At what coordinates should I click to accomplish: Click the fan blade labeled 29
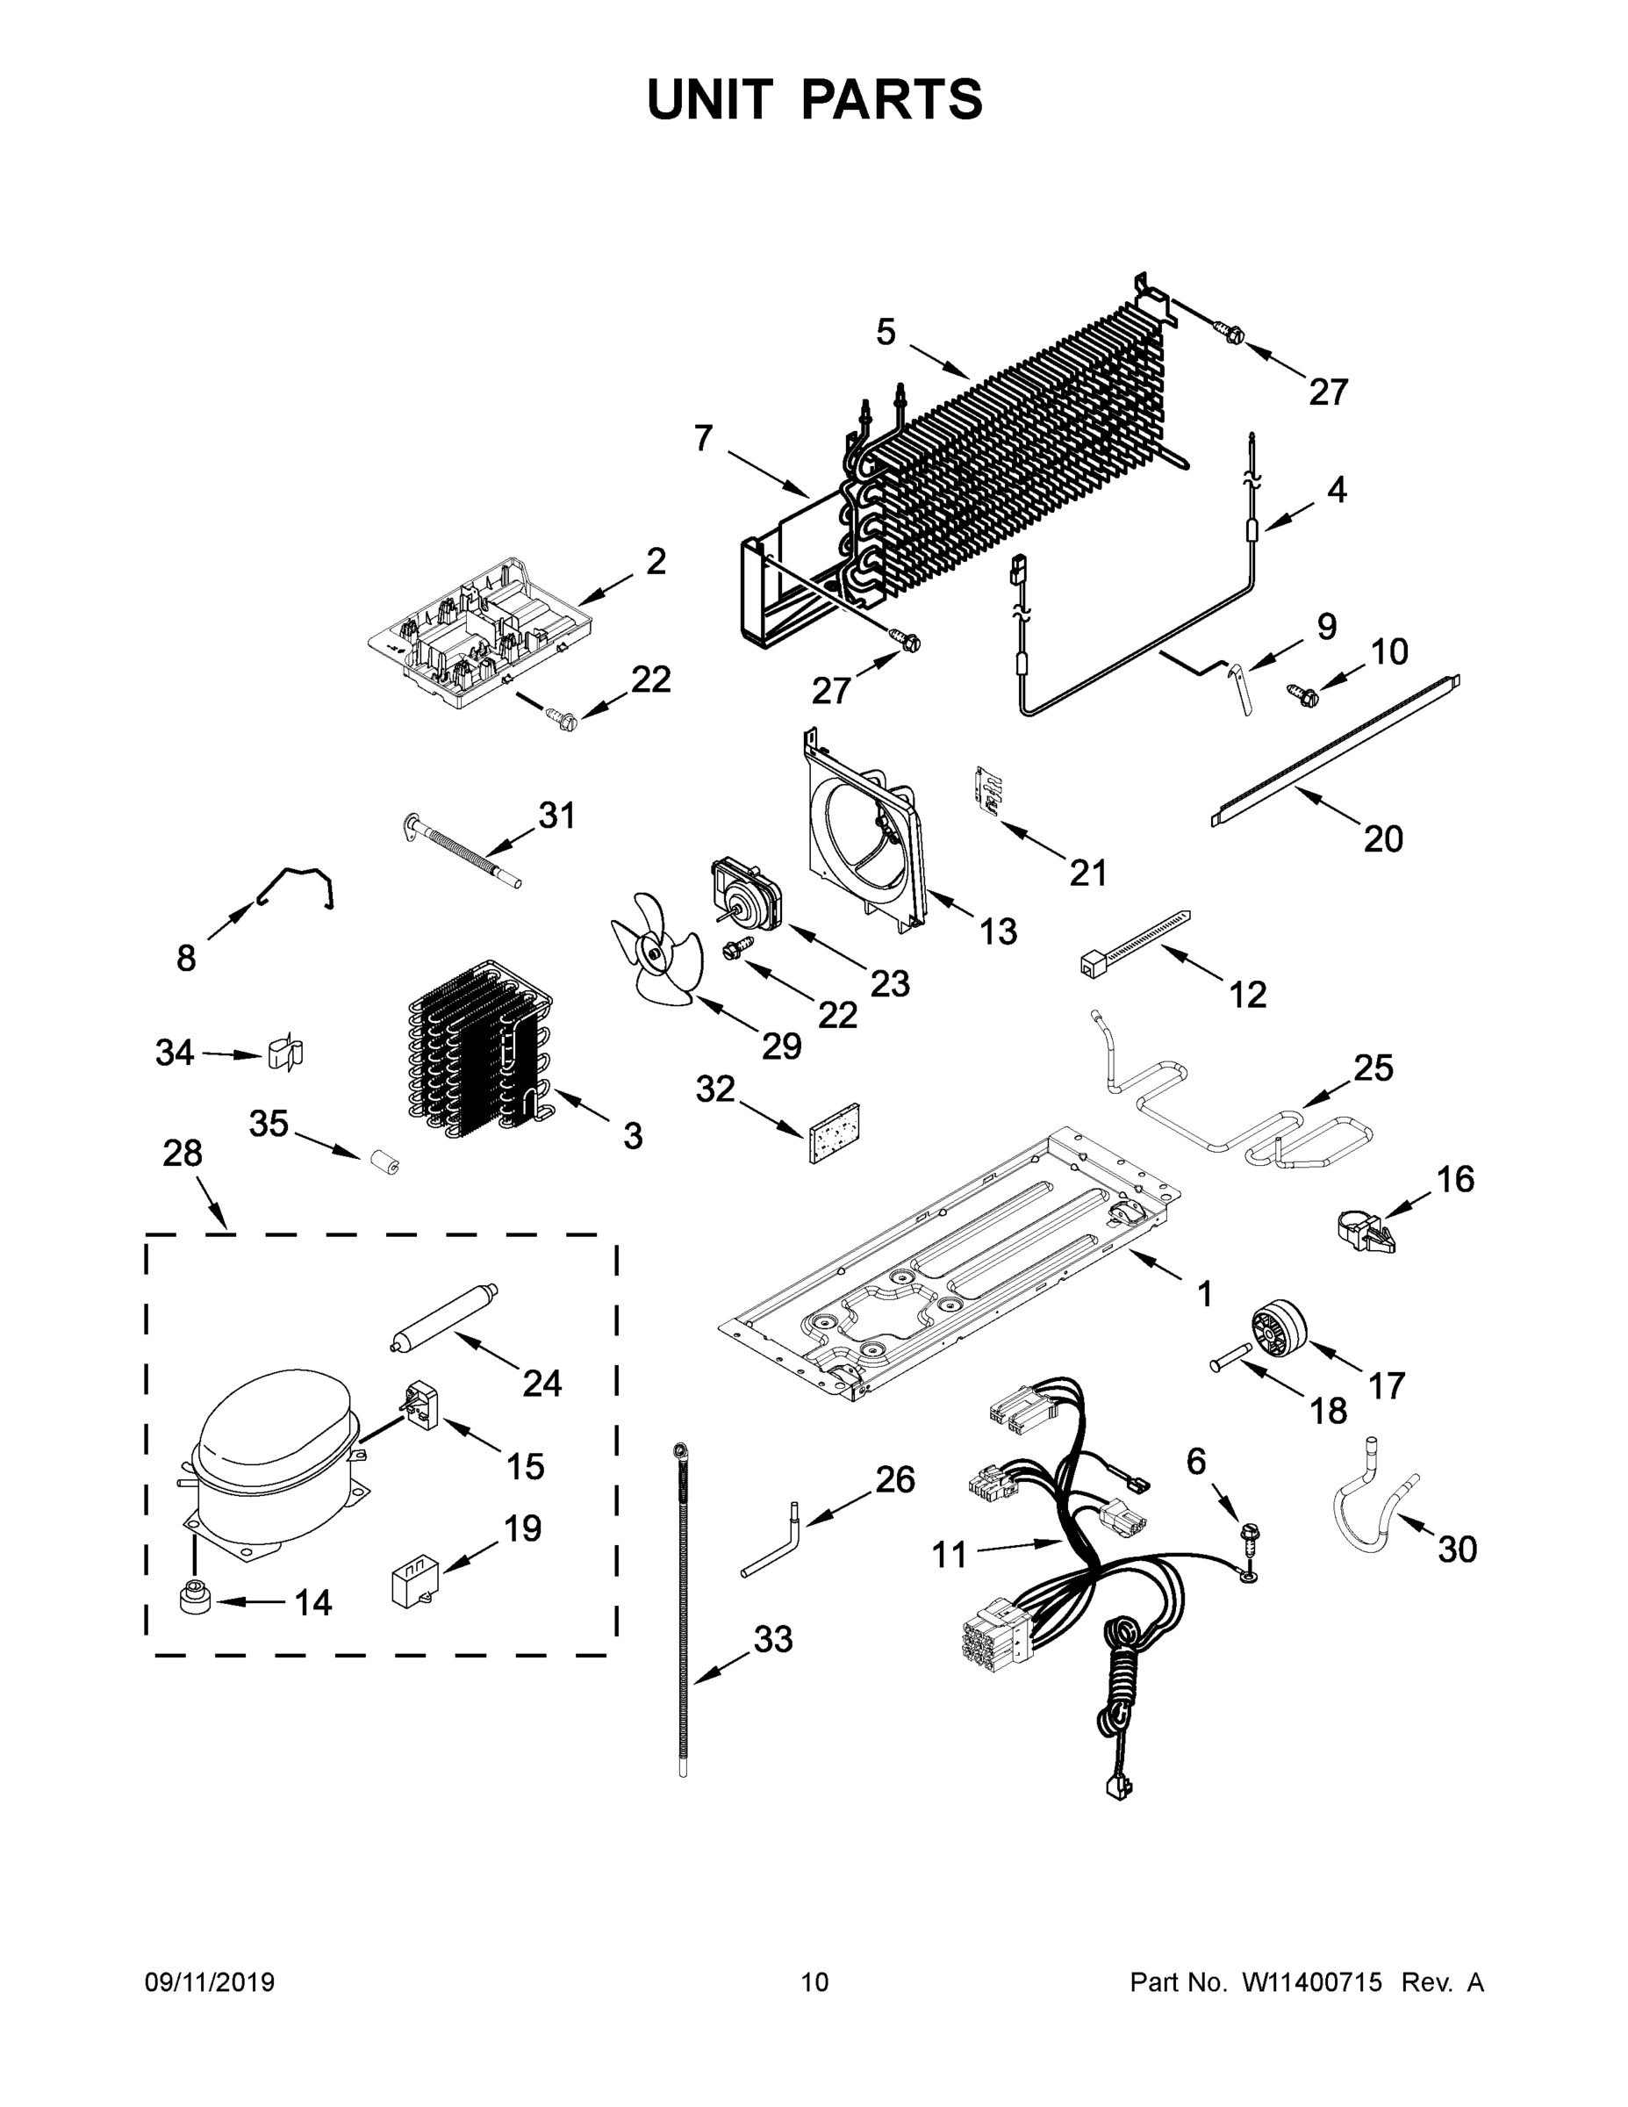click(652, 949)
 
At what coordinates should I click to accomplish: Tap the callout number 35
click(269, 1123)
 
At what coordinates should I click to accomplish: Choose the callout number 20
click(1383, 839)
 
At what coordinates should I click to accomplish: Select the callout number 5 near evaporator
click(886, 333)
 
